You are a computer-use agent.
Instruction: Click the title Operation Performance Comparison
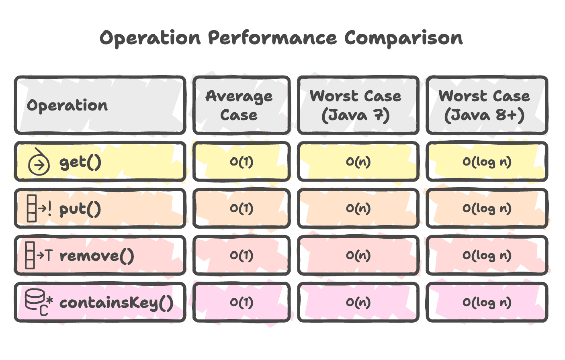[281, 39]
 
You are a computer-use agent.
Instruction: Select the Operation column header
[68, 105]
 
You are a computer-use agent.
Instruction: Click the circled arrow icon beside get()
[39, 162]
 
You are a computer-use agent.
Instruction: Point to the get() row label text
[80, 162]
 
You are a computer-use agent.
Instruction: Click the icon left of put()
[39, 209]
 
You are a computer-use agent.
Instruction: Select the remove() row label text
[96, 256]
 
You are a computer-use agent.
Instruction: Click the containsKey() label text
[116, 303]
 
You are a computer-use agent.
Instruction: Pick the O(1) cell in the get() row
[242, 162]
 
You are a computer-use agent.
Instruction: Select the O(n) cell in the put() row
[358, 209]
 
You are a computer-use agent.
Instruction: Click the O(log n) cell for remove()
[487, 256]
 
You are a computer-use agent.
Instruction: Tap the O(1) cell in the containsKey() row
[242, 302]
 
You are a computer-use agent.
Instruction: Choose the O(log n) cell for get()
[487, 162]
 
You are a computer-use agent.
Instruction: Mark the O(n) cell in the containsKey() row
[358, 302]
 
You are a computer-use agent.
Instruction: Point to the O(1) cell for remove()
[242, 256]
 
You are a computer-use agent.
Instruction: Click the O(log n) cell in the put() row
[487, 209]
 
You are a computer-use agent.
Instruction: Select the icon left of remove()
[39, 255]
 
